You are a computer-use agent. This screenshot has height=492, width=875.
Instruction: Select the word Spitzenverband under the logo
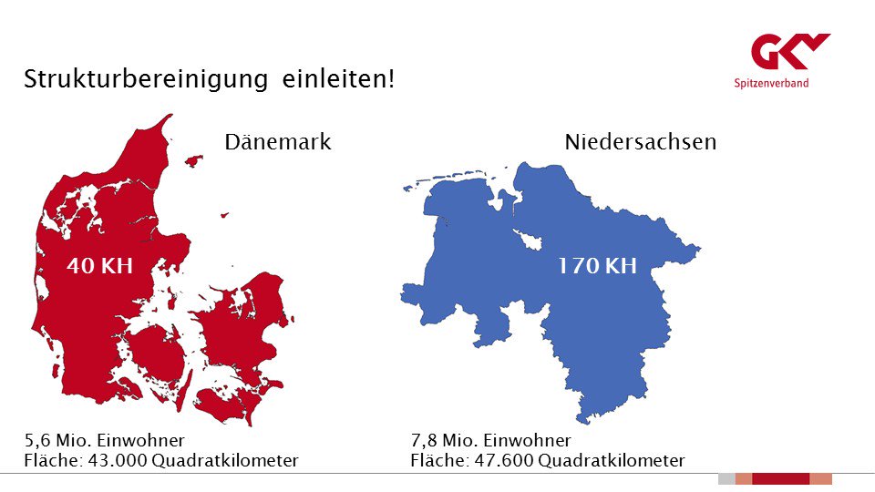[771, 84]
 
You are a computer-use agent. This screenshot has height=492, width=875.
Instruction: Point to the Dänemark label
[278, 142]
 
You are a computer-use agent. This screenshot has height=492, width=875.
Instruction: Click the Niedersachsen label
[640, 142]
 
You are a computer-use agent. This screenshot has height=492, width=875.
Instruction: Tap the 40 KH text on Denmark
[100, 267]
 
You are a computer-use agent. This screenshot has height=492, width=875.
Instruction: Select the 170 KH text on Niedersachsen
[597, 267]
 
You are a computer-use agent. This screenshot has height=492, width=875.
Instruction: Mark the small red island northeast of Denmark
[193, 161]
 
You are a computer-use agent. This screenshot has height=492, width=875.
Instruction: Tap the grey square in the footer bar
[726, 479]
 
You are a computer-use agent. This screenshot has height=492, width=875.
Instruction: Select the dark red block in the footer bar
[780, 479]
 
